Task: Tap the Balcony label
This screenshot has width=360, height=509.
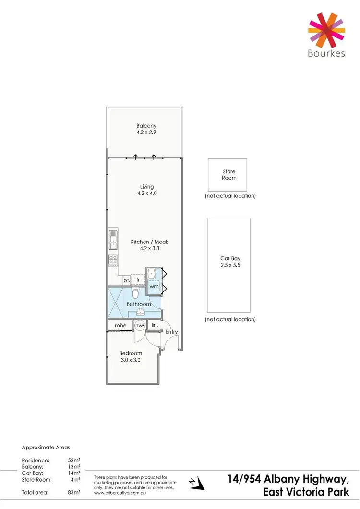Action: click(146, 126)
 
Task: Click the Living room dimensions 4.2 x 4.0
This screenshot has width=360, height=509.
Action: click(147, 194)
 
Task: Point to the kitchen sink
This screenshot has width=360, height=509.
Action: click(112, 240)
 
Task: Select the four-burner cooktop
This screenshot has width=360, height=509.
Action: click(113, 261)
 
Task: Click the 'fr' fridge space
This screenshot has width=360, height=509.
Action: click(138, 279)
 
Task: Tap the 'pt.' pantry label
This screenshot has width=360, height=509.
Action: click(126, 280)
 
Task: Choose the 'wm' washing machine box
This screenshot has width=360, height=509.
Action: click(154, 287)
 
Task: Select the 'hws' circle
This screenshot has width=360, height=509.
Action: click(140, 326)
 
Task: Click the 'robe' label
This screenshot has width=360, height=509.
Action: click(120, 326)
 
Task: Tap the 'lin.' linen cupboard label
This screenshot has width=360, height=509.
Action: click(155, 325)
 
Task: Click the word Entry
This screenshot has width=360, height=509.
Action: click(171, 332)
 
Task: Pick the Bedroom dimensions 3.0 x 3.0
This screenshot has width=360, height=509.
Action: click(130, 360)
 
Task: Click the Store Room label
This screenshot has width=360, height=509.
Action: click(229, 175)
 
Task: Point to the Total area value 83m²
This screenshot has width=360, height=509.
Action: click(74, 492)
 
